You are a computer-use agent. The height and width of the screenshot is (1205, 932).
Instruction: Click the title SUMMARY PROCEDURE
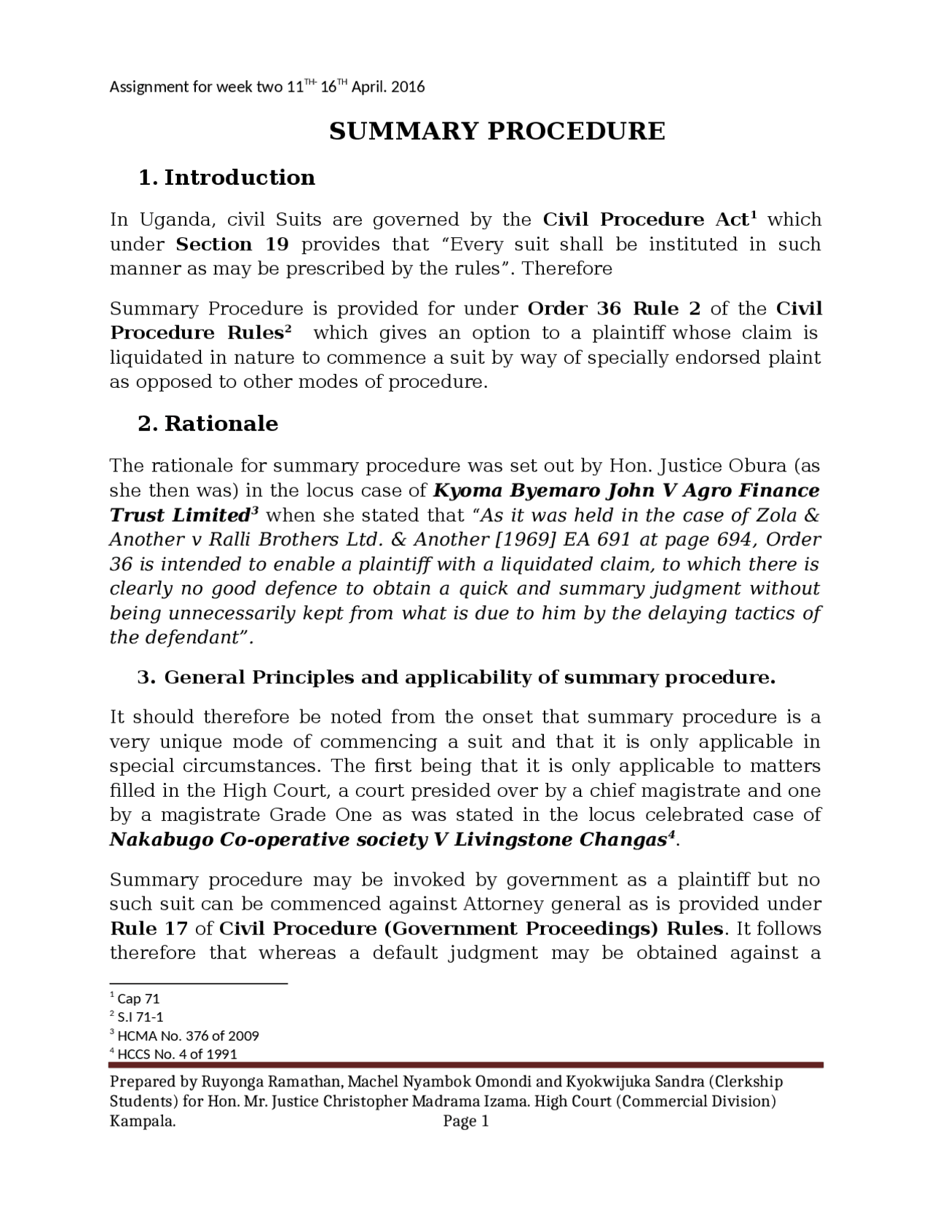click(497, 132)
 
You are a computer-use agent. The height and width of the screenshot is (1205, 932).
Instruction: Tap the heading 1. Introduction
click(226, 178)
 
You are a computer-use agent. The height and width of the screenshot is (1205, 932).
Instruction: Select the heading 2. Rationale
click(208, 423)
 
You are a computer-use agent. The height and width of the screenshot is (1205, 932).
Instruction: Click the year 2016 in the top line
click(408, 87)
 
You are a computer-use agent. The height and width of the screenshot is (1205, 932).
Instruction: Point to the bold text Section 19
click(232, 244)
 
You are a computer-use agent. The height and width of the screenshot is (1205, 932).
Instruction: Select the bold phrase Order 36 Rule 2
click(614, 309)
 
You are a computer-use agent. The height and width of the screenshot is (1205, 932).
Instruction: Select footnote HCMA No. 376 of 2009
click(187, 1035)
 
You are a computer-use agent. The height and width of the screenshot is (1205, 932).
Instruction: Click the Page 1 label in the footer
click(466, 1121)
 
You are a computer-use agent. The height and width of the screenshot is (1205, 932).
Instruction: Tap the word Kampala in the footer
click(143, 1121)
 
